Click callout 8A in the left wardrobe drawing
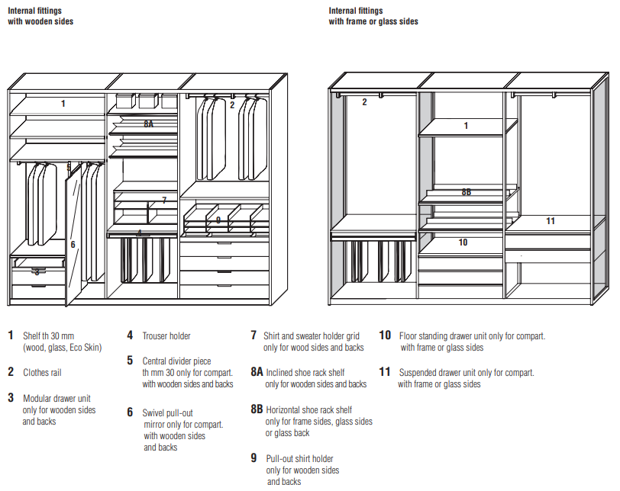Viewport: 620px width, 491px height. [x=148, y=123]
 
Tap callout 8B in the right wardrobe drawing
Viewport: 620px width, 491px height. [x=467, y=193]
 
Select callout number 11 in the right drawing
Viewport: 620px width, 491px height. [x=551, y=221]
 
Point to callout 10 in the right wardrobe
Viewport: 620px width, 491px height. [x=463, y=242]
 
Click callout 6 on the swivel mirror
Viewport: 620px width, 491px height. [x=73, y=245]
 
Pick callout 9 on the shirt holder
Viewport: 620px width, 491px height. [x=218, y=220]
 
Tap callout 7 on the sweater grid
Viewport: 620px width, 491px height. [x=163, y=201]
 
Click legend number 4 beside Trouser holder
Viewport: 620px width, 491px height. [x=131, y=335]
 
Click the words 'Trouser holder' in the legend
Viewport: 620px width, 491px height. [x=166, y=336]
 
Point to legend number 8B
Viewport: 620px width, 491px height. [x=257, y=409]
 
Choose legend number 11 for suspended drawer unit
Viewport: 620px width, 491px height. [x=385, y=373]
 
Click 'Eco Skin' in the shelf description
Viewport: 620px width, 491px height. [x=84, y=348]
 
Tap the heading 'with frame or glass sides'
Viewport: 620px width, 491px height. [x=373, y=22]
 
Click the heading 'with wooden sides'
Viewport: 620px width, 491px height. [x=41, y=22]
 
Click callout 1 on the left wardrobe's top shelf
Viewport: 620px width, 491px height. [x=63, y=104]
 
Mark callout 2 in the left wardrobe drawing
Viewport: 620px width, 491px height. [x=232, y=105]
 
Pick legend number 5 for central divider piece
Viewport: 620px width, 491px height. [x=131, y=361]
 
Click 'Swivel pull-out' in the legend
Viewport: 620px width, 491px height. [x=168, y=413]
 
